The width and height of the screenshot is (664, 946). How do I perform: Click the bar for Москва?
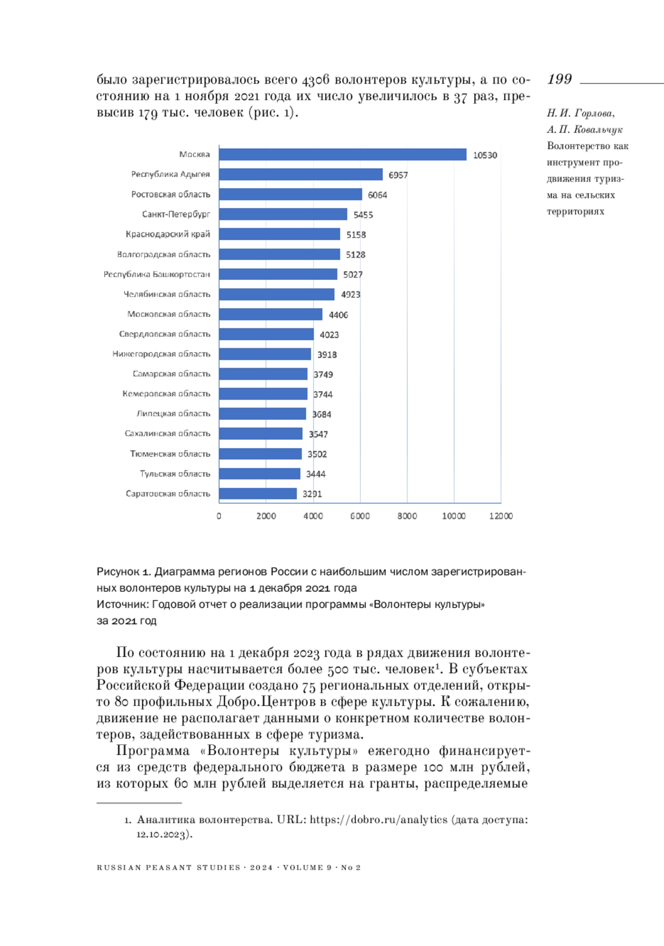(343, 154)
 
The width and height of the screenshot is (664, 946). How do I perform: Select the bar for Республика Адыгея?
(300, 174)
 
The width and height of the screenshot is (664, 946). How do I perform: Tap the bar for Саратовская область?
(258, 493)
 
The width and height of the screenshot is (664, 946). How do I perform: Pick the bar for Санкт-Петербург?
(283, 214)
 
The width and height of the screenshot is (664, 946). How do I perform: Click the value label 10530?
(485, 155)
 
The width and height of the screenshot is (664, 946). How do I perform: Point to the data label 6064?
(377, 195)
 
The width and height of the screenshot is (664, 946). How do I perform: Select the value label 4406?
(338, 315)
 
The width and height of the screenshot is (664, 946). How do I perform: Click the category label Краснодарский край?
(168, 234)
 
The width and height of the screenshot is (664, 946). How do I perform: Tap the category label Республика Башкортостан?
(157, 274)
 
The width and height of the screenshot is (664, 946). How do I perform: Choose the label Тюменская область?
(170, 454)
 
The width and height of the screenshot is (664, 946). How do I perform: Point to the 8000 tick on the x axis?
(407, 516)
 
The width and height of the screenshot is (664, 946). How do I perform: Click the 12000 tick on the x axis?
(501, 516)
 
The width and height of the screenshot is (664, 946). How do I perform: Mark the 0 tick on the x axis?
(219, 516)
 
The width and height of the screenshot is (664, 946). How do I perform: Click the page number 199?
(559, 80)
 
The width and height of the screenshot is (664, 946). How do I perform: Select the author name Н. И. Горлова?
(580, 113)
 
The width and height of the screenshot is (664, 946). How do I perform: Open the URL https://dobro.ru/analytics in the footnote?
(378, 820)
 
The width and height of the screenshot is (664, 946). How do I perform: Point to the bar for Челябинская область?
(277, 294)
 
